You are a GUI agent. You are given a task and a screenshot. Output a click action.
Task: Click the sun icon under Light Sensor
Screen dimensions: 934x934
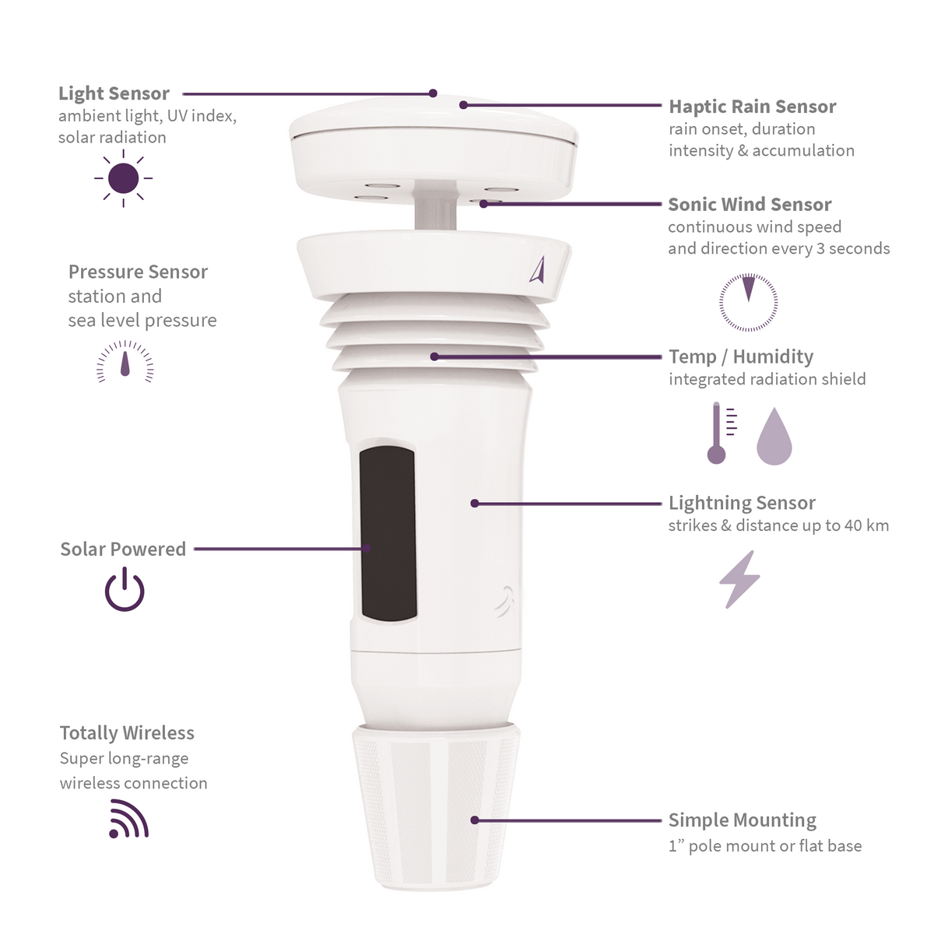(124, 178)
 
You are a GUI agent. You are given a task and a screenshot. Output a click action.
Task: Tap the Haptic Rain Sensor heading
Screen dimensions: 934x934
(752, 107)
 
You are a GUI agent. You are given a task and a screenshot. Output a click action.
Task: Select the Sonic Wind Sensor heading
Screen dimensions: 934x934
(750, 205)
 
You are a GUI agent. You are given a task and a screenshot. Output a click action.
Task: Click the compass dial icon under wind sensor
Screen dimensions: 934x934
(748, 302)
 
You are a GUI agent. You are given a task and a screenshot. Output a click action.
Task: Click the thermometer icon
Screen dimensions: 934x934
(718, 434)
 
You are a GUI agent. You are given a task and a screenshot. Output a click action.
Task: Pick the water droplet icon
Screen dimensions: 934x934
(774, 437)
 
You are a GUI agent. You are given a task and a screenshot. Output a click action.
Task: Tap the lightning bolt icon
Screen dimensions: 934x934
(739, 579)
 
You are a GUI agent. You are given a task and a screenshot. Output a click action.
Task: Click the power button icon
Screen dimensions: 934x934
(125, 590)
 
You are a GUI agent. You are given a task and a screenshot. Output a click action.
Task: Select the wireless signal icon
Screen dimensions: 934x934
(128, 820)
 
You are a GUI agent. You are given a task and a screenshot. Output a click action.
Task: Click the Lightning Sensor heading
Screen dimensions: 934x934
(742, 503)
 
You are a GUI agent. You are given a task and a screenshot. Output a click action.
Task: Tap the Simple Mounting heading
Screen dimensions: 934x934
(742, 820)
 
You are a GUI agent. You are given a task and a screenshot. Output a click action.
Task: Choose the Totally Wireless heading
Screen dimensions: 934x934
(127, 733)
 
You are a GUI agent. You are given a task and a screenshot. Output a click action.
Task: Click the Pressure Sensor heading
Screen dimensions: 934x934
(138, 272)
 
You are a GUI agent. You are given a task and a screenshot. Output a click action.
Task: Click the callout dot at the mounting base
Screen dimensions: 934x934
(475, 820)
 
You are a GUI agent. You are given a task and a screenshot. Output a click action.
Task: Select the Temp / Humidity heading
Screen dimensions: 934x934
(740, 356)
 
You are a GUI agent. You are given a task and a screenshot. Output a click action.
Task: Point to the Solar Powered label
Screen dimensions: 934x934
(123, 549)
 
